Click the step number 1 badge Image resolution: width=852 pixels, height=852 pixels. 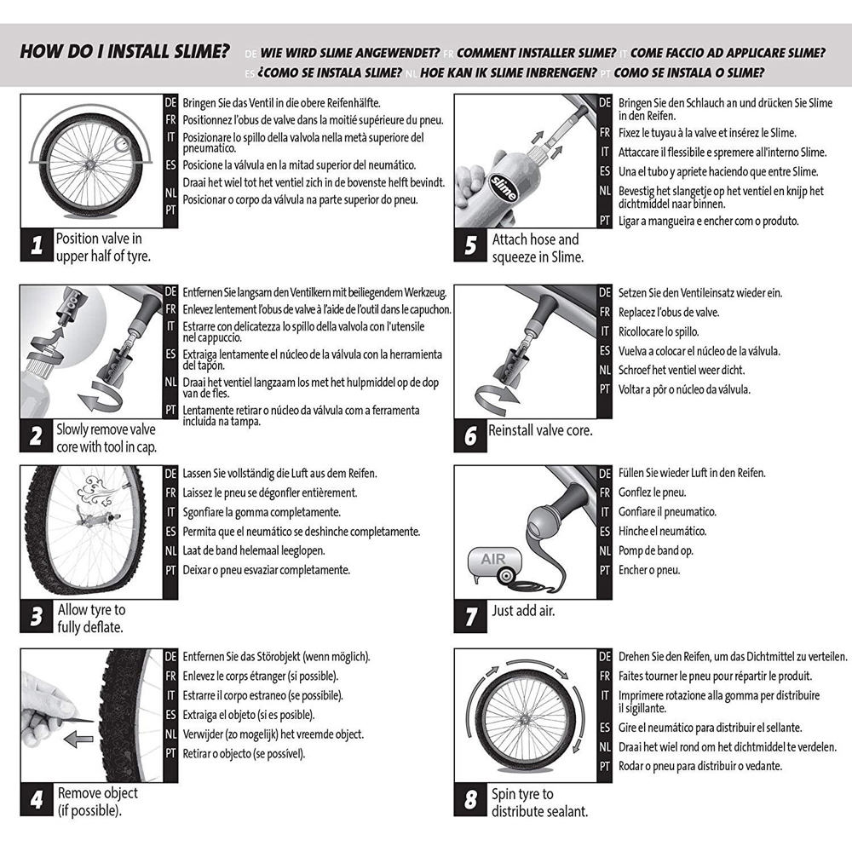tap(37, 246)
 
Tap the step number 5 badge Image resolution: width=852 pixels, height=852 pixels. tap(470, 246)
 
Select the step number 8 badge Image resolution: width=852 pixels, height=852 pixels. tap(470, 802)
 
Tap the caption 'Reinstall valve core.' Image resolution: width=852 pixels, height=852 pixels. tap(540, 431)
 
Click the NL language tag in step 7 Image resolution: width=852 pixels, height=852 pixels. tap(605, 550)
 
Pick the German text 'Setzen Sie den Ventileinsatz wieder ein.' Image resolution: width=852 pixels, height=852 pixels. tap(699, 293)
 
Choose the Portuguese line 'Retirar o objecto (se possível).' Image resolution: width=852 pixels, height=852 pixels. tap(244, 753)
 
